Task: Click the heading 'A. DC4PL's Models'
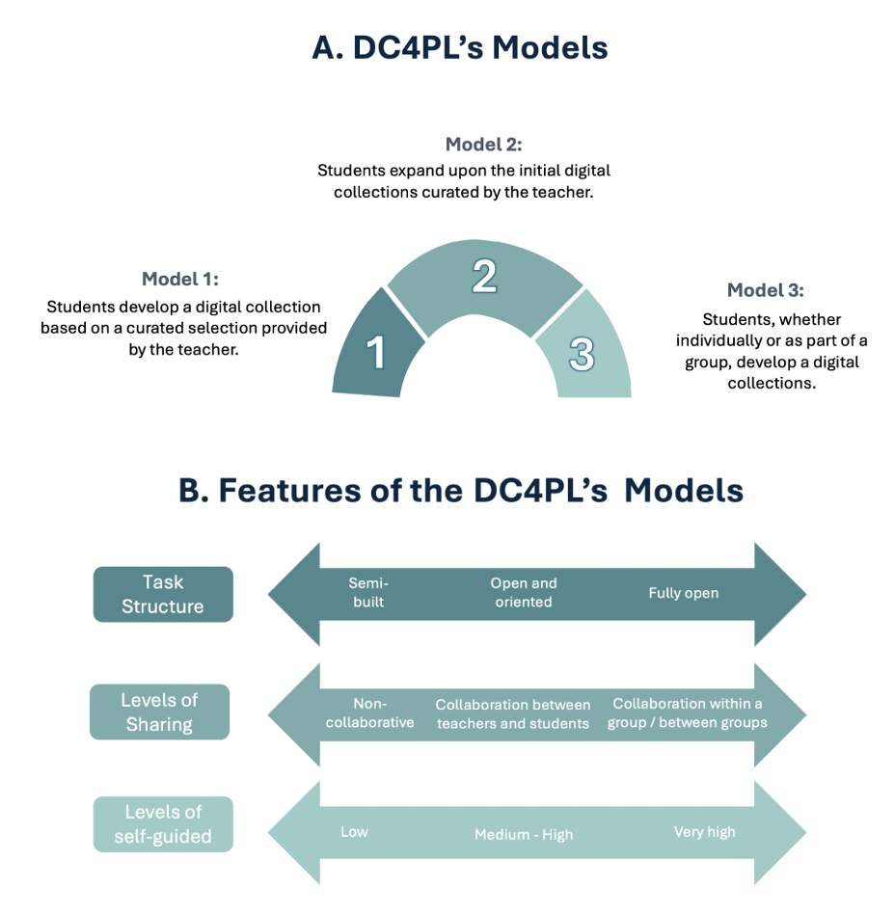click(460, 47)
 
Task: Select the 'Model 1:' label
click(180, 280)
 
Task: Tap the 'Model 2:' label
click(483, 145)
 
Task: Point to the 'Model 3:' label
click(765, 290)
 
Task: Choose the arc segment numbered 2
click(484, 280)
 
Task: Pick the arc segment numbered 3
click(583, 353)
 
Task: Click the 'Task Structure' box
click(163, 594)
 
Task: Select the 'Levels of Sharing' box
click(159, 712)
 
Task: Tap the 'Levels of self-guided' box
click(163, 823)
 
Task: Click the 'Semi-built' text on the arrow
click(367, 592)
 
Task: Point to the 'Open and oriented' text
click(524, 592)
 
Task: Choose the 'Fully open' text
click(683, 593)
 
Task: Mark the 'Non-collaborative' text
click(369, 713)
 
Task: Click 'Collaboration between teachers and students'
click(513, 714)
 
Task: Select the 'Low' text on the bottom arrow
click(354, 831)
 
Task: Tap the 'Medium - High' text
click(524, 835)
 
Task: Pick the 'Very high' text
click(704, 831)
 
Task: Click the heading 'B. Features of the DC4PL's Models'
click(461, 490)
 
